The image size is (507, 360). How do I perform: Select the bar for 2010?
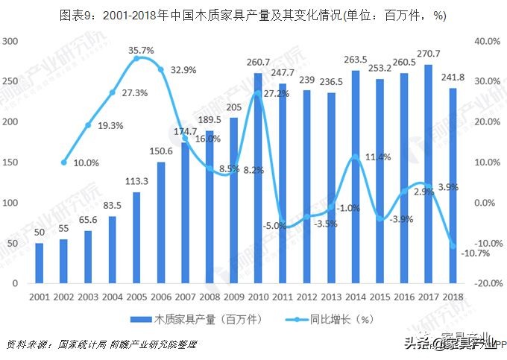pyautogui.click(x=258, y=179)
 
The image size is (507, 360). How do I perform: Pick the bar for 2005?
pyautogui.click(x=136, y=238)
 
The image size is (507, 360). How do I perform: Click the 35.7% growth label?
pyautogui.click(x=141, y=51)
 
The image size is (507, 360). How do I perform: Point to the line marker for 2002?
pyautogui.click(x=64, y=162)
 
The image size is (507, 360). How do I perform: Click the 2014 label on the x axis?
pyautogui.click(x=355, y=297)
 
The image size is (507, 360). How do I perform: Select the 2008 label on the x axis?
pyautogui.click(x=210, y=297)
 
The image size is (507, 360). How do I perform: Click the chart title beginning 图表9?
pyautogui.click(x=253, y=14)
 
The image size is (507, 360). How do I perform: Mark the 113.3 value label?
pyautogui.click(x=136, y=180)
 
